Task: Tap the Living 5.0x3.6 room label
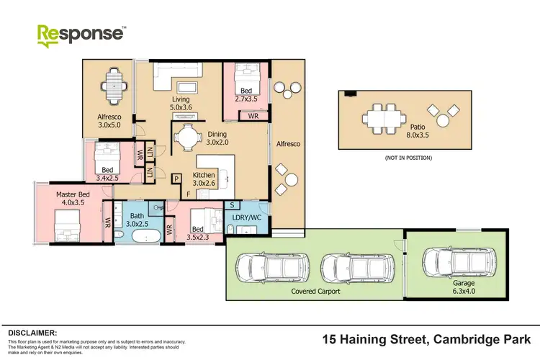point(181,103)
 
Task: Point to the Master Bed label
point(73,199)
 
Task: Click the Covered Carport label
point(315,292)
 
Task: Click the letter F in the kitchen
point(189,194)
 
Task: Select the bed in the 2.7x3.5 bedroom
point(247,76)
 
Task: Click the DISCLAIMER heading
point(32,333)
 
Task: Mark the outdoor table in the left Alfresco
point(114,86)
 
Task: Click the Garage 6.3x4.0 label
point(459,289)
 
